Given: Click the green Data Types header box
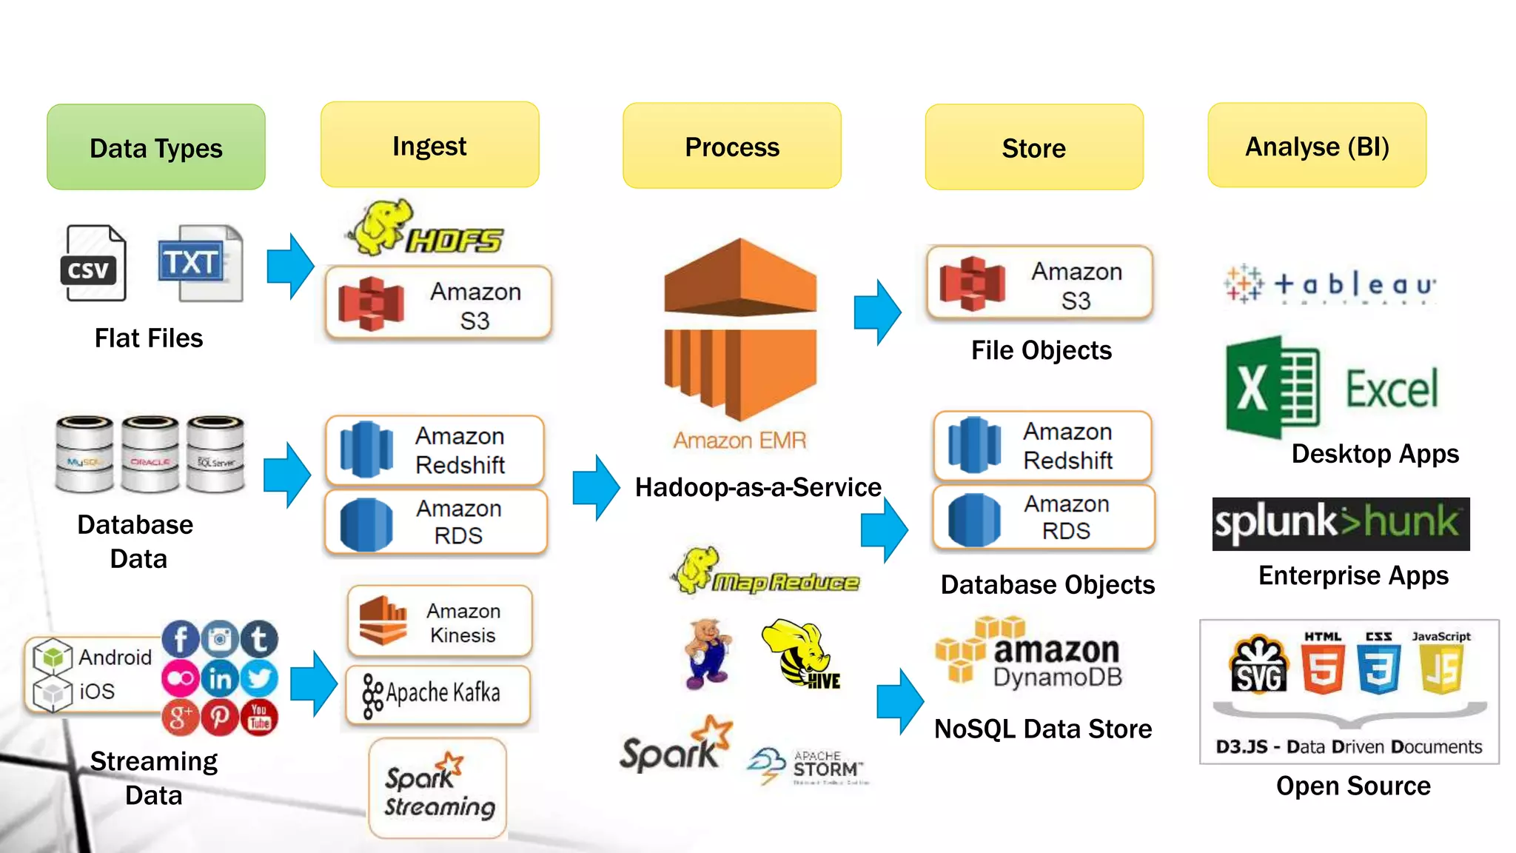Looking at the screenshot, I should point(155,147).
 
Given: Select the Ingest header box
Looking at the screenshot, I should point(429,145).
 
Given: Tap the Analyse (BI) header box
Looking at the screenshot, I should point(1316,146).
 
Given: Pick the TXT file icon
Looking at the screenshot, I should point(199,264).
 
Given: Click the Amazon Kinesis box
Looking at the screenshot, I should point(440,622).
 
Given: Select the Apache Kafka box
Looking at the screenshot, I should point(438,694).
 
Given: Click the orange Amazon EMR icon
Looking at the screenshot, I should point(740,330).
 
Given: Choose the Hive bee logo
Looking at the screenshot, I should point(801,654).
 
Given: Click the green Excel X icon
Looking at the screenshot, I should point(1272,387).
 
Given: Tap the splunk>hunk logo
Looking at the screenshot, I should point(1340,523).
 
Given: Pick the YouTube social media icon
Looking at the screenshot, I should point(259,717).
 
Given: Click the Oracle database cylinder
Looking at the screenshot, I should point(150,454).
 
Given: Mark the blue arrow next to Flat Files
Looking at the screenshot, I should point(290,266).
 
